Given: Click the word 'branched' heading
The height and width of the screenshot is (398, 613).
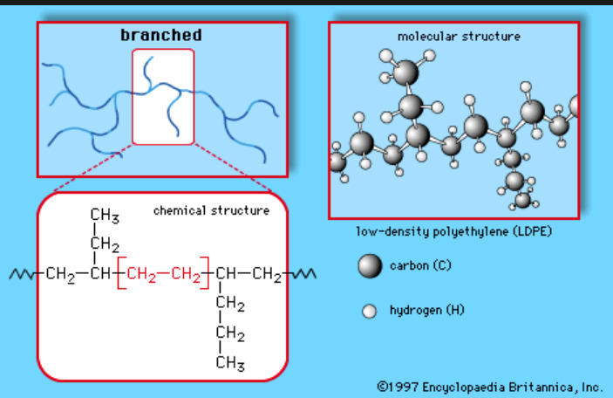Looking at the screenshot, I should tap(161, 36).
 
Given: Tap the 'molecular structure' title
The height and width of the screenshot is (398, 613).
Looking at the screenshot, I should tap(459, 37).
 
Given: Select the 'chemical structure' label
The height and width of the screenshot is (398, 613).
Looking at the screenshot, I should tap(212, 210).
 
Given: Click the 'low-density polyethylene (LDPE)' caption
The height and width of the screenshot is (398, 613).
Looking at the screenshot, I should tap(455, 232).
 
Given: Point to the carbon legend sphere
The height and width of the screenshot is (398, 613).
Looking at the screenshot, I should tap(371, 266).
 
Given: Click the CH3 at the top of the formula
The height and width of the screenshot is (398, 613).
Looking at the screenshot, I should tap(105, 216).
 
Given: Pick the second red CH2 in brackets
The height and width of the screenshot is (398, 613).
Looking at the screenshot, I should tap(187, 277).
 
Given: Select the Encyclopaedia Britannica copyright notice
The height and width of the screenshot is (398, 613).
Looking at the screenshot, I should tap(490, 385).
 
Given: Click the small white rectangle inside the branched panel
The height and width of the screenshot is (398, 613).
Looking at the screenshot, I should tap(163, 96).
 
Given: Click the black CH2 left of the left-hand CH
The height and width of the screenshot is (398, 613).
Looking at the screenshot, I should tap(61, 277).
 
